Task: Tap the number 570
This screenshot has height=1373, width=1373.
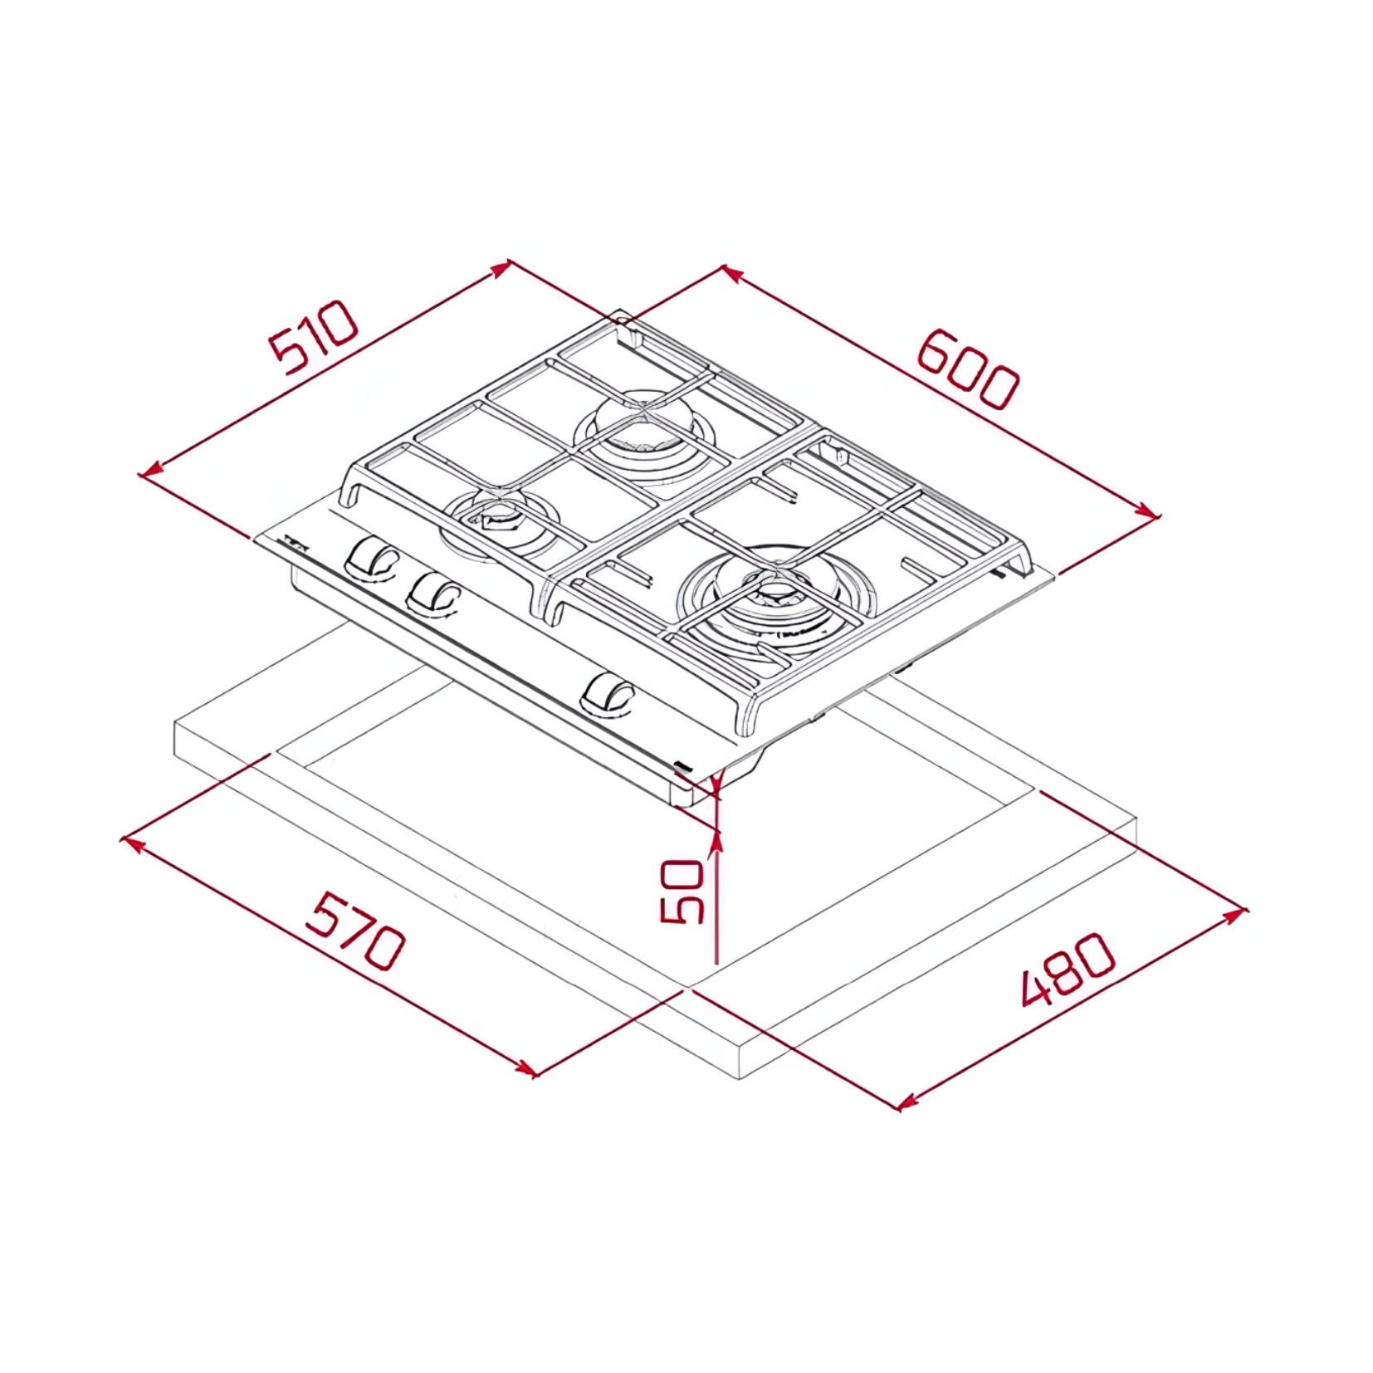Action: pyautogui.click(x=354, y=931)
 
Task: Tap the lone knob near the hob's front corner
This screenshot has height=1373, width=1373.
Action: pyautogui.click(x=608, y=693)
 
